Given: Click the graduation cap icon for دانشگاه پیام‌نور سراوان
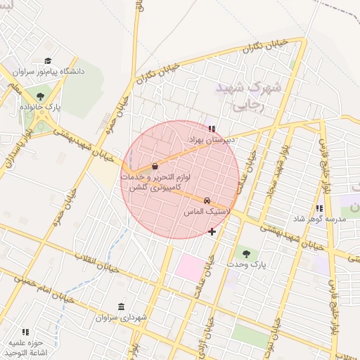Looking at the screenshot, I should (x=48, y=61).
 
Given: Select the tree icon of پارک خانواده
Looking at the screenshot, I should (x=41, y=96).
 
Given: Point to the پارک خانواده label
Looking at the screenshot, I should (x=42, y=106).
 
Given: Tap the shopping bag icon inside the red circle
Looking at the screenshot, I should (x=155, y=166).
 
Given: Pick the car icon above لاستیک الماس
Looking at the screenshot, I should (x=207, y=201).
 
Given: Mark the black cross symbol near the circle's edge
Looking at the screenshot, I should (x=212, y=231).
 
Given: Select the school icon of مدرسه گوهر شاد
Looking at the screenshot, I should (x=320, y=209).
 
